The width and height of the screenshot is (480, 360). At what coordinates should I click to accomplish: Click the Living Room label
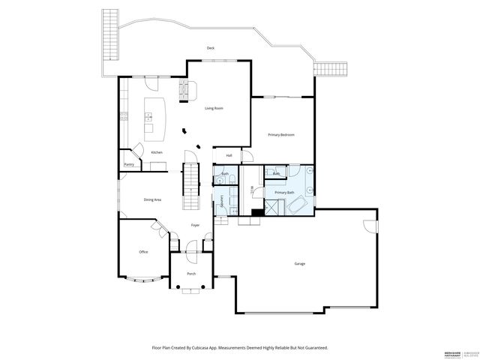(214, 108)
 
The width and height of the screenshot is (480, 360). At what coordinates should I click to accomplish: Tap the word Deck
(211, 48)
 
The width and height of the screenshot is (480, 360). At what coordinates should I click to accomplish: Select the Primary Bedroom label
(281, 134)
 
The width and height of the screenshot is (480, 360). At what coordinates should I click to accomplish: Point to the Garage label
(299, 263)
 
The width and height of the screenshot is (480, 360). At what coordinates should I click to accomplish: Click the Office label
(143, 252)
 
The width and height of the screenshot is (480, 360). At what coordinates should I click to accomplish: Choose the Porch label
(191, 274)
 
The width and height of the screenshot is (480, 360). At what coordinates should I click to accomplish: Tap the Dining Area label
(153, 199)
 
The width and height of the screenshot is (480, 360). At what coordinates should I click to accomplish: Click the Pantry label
(128, 163)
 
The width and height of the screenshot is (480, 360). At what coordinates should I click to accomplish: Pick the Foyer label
(195, 225)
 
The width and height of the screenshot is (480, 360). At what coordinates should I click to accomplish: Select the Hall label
(229, 155)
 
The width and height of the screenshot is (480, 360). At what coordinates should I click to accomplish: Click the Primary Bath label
(285, 193)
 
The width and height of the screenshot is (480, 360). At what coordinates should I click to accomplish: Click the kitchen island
(155, 118)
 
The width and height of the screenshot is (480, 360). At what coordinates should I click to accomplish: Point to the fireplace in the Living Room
(184, 91)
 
